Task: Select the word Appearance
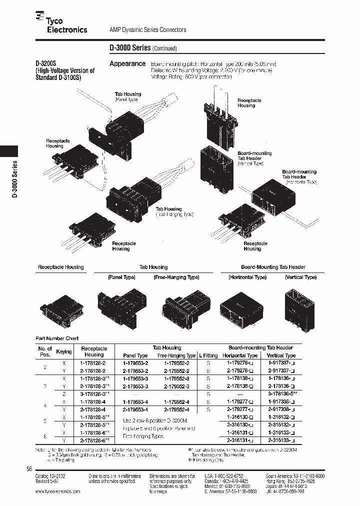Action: [127, 64]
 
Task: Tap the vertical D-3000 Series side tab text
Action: [14, 180]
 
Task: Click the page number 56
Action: [29, 468]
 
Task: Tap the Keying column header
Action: [64, 351]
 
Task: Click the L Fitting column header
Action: [208, 355]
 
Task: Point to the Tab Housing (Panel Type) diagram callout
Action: [128, 96]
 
